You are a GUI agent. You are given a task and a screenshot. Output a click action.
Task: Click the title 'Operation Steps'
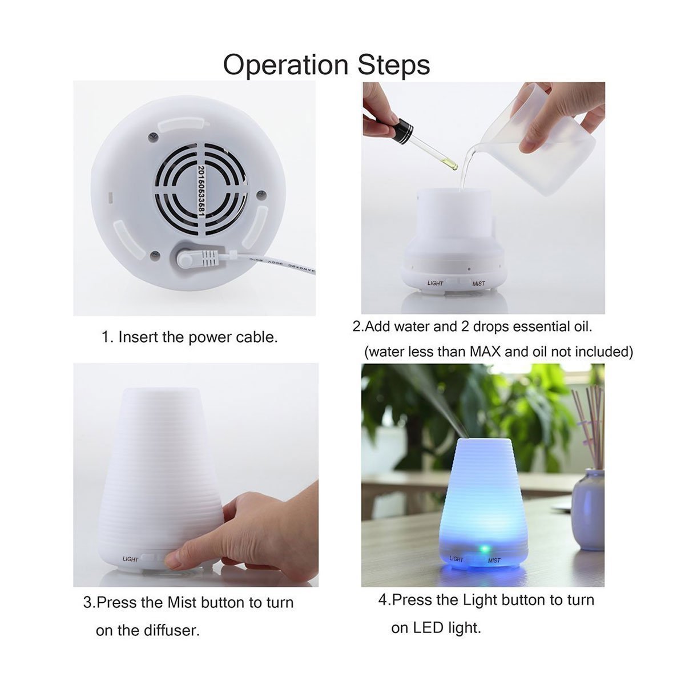326,65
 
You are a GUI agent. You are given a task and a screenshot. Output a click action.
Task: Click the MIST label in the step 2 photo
478,284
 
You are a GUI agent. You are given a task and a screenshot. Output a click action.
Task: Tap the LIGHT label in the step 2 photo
435,283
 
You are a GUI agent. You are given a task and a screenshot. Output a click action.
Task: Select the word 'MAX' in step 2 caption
485,352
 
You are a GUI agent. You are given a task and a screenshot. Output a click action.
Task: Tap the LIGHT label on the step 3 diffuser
130,559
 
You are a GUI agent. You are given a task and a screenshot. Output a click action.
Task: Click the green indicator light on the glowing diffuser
483,549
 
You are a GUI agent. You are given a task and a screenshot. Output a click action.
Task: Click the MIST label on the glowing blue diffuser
494,561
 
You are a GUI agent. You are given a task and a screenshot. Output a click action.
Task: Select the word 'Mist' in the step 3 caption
182,603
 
